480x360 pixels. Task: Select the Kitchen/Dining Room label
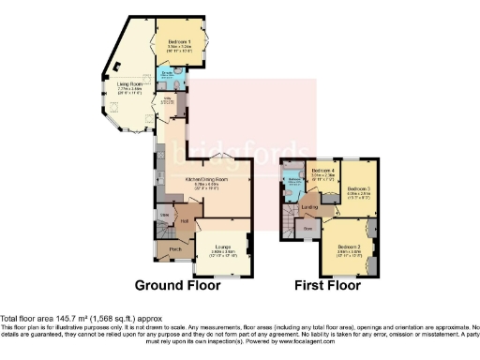coord(208,178)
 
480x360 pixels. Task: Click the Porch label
coord(174,249)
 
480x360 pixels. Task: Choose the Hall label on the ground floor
coord(186,221)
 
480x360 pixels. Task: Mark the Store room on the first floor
coord(307,227)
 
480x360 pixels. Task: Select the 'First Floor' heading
coord(329,285)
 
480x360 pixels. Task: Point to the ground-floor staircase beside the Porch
coord(160,230)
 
